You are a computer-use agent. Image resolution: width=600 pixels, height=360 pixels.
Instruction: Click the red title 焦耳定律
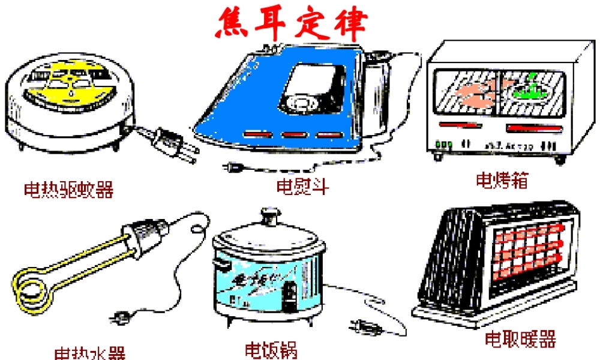(292, 23)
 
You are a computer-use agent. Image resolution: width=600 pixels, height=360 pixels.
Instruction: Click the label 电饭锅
(271, 349)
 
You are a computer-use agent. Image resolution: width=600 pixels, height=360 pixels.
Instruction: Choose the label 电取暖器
(520, 339)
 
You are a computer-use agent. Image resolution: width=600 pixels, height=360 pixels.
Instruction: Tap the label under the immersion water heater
(89, 352)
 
